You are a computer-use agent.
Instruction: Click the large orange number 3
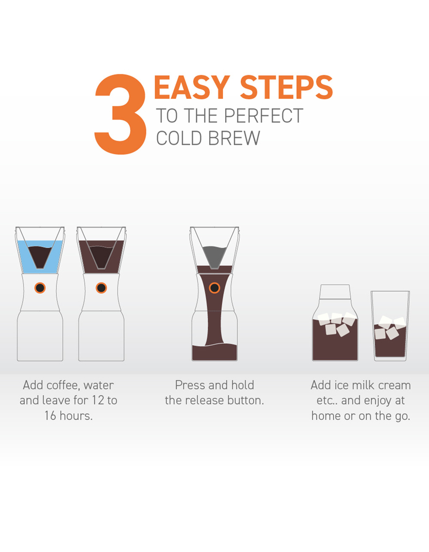coord(120,114)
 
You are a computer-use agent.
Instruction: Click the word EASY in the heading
coord(192,88)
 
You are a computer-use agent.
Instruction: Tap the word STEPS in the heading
coord(286,88)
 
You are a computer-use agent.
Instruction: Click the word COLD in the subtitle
coord(179,138)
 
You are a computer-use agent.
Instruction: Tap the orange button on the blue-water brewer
coord(40,288)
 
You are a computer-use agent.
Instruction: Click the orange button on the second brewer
coord(101,288)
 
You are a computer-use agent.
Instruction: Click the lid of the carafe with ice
coord(335,294)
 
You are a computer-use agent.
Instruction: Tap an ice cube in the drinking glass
coord(393,333)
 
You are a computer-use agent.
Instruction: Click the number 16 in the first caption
coord(51,416)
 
